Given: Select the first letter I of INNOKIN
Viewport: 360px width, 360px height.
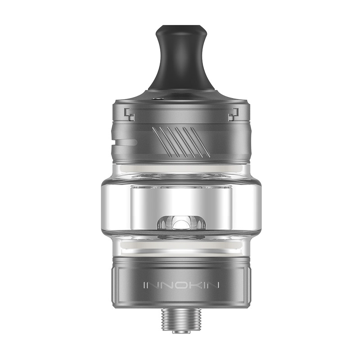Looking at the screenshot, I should [144, 285].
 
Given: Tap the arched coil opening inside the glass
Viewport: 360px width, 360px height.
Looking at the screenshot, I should [180, 224].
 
